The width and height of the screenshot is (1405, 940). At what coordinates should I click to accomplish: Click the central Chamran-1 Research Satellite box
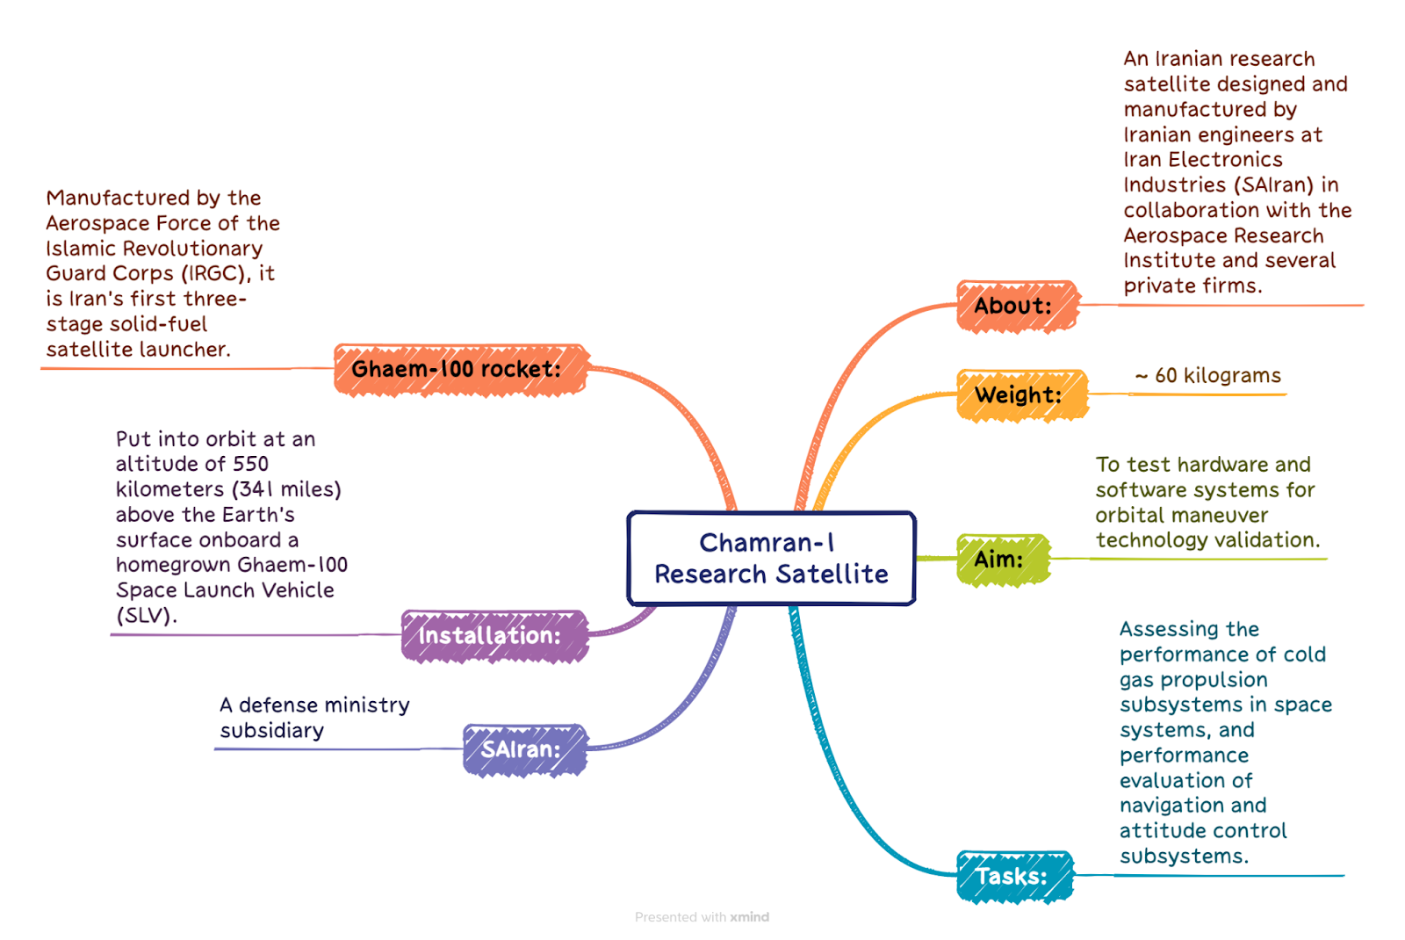[771, 558]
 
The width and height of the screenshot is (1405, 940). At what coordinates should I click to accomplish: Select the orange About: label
[1017, 307]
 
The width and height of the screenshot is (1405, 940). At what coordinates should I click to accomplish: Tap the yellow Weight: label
[1022, 395]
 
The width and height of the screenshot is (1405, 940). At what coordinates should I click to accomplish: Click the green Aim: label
[1003, 560]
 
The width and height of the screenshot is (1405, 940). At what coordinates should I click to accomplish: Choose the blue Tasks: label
[1014, 877]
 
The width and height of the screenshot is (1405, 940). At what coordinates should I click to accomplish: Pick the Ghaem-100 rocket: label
[460, 370]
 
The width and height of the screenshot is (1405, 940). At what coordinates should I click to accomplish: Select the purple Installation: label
[494, 636]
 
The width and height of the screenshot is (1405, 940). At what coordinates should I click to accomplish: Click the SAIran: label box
[524, 750]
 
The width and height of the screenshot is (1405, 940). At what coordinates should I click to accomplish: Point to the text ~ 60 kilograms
[1208, 375]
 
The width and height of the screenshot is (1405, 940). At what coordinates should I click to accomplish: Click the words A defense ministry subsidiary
[314, 718]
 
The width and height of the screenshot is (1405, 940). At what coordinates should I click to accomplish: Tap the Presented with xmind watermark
[702, 917]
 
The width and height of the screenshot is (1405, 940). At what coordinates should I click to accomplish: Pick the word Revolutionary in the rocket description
[192, 249]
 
